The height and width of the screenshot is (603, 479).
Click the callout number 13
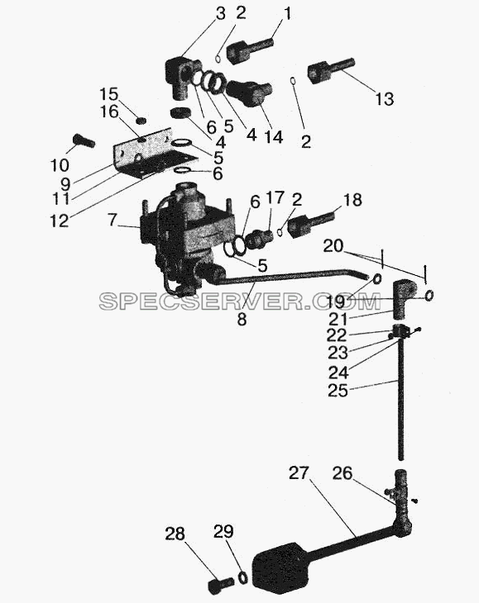[x=384, y=99]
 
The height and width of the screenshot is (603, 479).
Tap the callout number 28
[x=175, y=534]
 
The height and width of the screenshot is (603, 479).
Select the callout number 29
[x=223, y=531]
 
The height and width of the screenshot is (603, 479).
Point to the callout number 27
[x=299, y=473]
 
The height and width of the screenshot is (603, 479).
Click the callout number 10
[x=60, y=166]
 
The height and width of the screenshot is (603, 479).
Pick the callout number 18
[x=352, y=200]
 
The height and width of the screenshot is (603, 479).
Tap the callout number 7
[x=112, y=220]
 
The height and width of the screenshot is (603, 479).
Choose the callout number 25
[x=338, y=391]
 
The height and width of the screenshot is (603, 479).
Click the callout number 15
[x=109, y=94]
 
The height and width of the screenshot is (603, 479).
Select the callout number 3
[x=220, y=14]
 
